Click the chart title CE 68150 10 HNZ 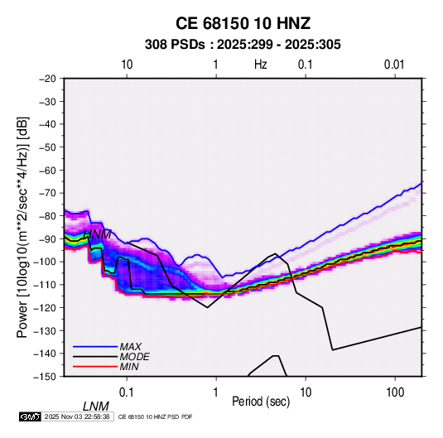pyautogui.click(x=243, y=23)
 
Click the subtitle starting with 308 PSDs pyautogui.click(x=243, y=45)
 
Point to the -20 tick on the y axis pyautogui.click(x=48, y=79)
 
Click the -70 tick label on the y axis pyautogui.click(x=48, y=193)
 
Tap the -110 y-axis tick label pyautogui.click(x=46, y=285)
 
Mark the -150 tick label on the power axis pyautogui.click(x=46, y=377)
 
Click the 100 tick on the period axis pyautogui.click(x=395, y=392)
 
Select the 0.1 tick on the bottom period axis pyautogui.click(x=127, y=392)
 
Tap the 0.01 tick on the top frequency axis pyautogui.click(x=394, y=65)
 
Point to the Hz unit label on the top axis pyautogui.click(x=261, y=65)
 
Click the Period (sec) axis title pyautogui.click(x=261, y=402)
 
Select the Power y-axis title pyautogui.click(x=22, y=227)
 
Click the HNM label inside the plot pyautogui.click(x=97, y=234)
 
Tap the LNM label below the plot pyautogui.click(x=96, y=407)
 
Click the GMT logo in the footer pyautogui.click(x=31, y=416)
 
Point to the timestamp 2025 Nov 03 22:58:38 pyautogui.click(x=77, y=416)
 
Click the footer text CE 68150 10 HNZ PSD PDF pyautogui.click(x=155, y=416)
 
